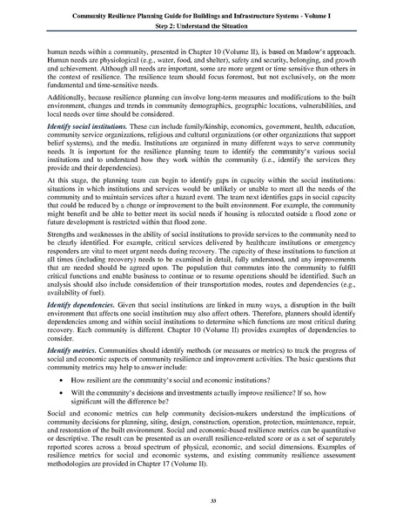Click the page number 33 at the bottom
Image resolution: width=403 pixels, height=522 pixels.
click(201, 501)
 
